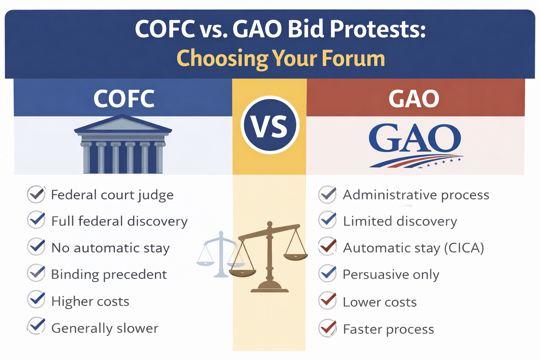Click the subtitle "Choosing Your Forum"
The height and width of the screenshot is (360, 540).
[281, 58]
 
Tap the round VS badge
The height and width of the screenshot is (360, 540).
[270, 125]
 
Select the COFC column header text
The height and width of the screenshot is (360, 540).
[124, 99]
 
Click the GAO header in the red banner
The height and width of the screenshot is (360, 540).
[414, 99]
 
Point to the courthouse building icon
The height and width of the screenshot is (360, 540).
[123, 145]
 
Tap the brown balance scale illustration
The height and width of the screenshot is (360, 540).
[269, 258]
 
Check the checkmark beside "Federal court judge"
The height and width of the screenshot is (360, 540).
[36, 194]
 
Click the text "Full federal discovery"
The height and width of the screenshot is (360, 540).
[119, 221]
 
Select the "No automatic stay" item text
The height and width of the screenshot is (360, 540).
[110, 248]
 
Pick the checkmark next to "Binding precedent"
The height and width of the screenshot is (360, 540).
[36, 274]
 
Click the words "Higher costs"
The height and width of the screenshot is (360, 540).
[90, 302]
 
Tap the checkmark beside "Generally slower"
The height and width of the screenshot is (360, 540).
[36, 326]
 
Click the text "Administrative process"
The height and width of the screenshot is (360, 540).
[416, 195]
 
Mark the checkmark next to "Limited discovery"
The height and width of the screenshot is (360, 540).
[327, 220]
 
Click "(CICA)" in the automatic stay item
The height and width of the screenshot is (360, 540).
[464, 248]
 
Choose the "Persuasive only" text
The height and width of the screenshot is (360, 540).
[391, 275]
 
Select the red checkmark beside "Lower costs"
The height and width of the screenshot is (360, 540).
[327, 301]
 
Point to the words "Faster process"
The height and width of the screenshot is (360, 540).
[388, 329]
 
